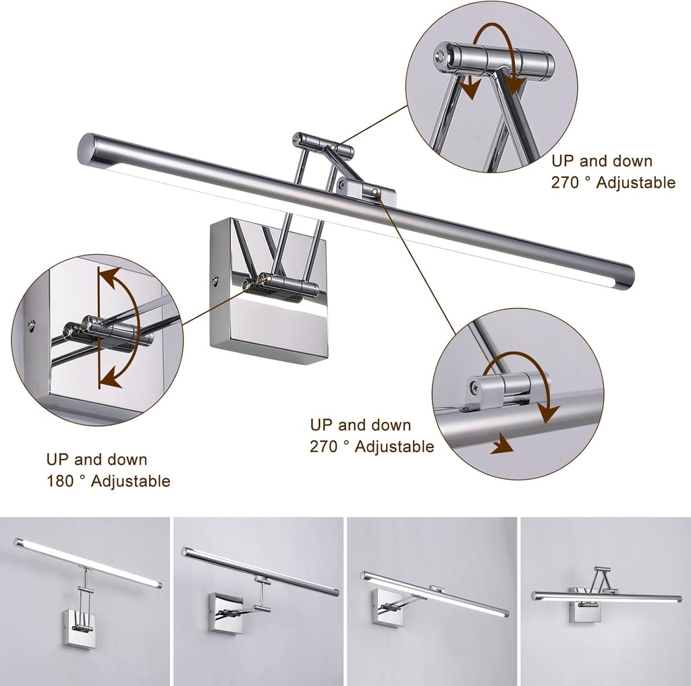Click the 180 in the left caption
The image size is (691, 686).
click(x=59, y=481)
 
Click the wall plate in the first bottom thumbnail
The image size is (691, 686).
click(x=78, y=628)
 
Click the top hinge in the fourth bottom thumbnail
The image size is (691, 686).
click(x=598, y=571)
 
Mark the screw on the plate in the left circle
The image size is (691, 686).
click(x=31, y=327)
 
